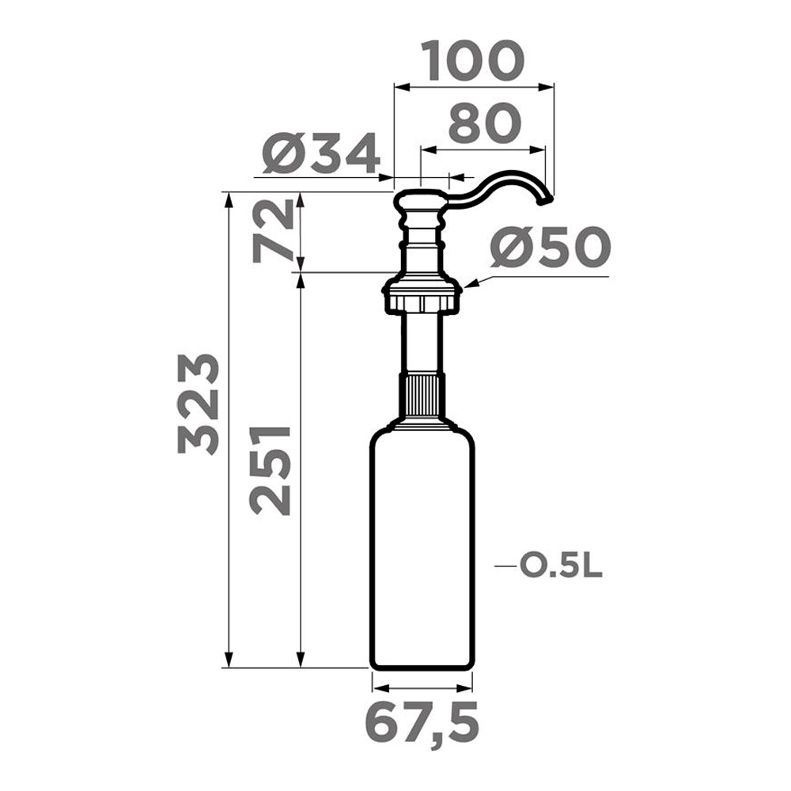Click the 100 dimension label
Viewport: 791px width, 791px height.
tap(473, 61)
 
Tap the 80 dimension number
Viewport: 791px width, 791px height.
tap(484, 123)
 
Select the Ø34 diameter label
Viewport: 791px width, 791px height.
tap(321, 153)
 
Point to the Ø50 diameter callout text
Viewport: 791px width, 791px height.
tap(551, 247)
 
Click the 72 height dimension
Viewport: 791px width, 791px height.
tap(273, 230)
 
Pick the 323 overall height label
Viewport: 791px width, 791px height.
tap(199, 404)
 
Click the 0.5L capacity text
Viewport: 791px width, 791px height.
tap(561, 567)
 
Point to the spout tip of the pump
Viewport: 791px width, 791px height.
tap(544, 202)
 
